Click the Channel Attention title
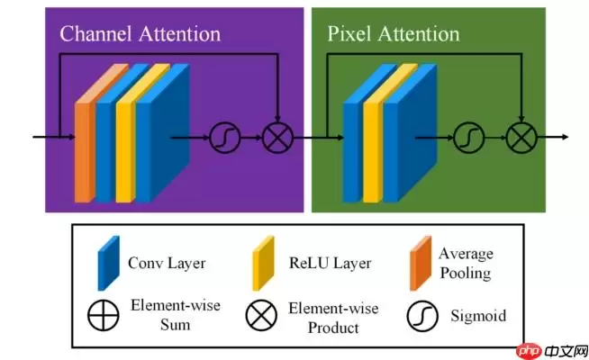(x=140, y=34)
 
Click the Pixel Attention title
(x=393, y=34)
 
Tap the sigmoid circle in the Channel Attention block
(x=222, y=138)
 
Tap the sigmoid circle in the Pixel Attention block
(x=467, y=138)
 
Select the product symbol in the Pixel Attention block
(x=521, y=138)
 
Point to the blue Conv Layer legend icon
(x=107, y=264)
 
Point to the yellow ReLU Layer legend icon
(x=262, y=263)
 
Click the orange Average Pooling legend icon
(x=417, y=264)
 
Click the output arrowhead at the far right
(x=565, y=138)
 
